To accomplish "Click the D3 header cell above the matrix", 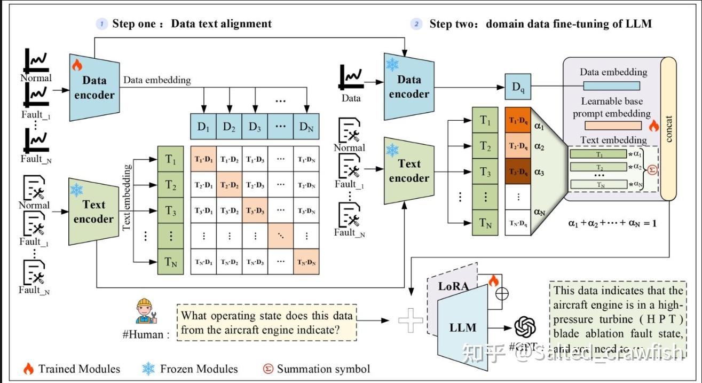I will [255, 127].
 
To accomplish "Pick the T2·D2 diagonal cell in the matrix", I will [230, 185].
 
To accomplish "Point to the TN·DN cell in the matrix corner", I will [306, 262].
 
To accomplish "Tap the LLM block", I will [462, 326].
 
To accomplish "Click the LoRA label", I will [453, 286].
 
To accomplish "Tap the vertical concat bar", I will [667, 128].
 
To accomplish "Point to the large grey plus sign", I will [411, 320].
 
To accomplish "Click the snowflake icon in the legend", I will [148, 369].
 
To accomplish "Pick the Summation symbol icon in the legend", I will [268, 369].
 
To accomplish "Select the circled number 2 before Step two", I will [416, 24].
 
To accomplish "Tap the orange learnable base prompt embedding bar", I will [612, 126].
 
